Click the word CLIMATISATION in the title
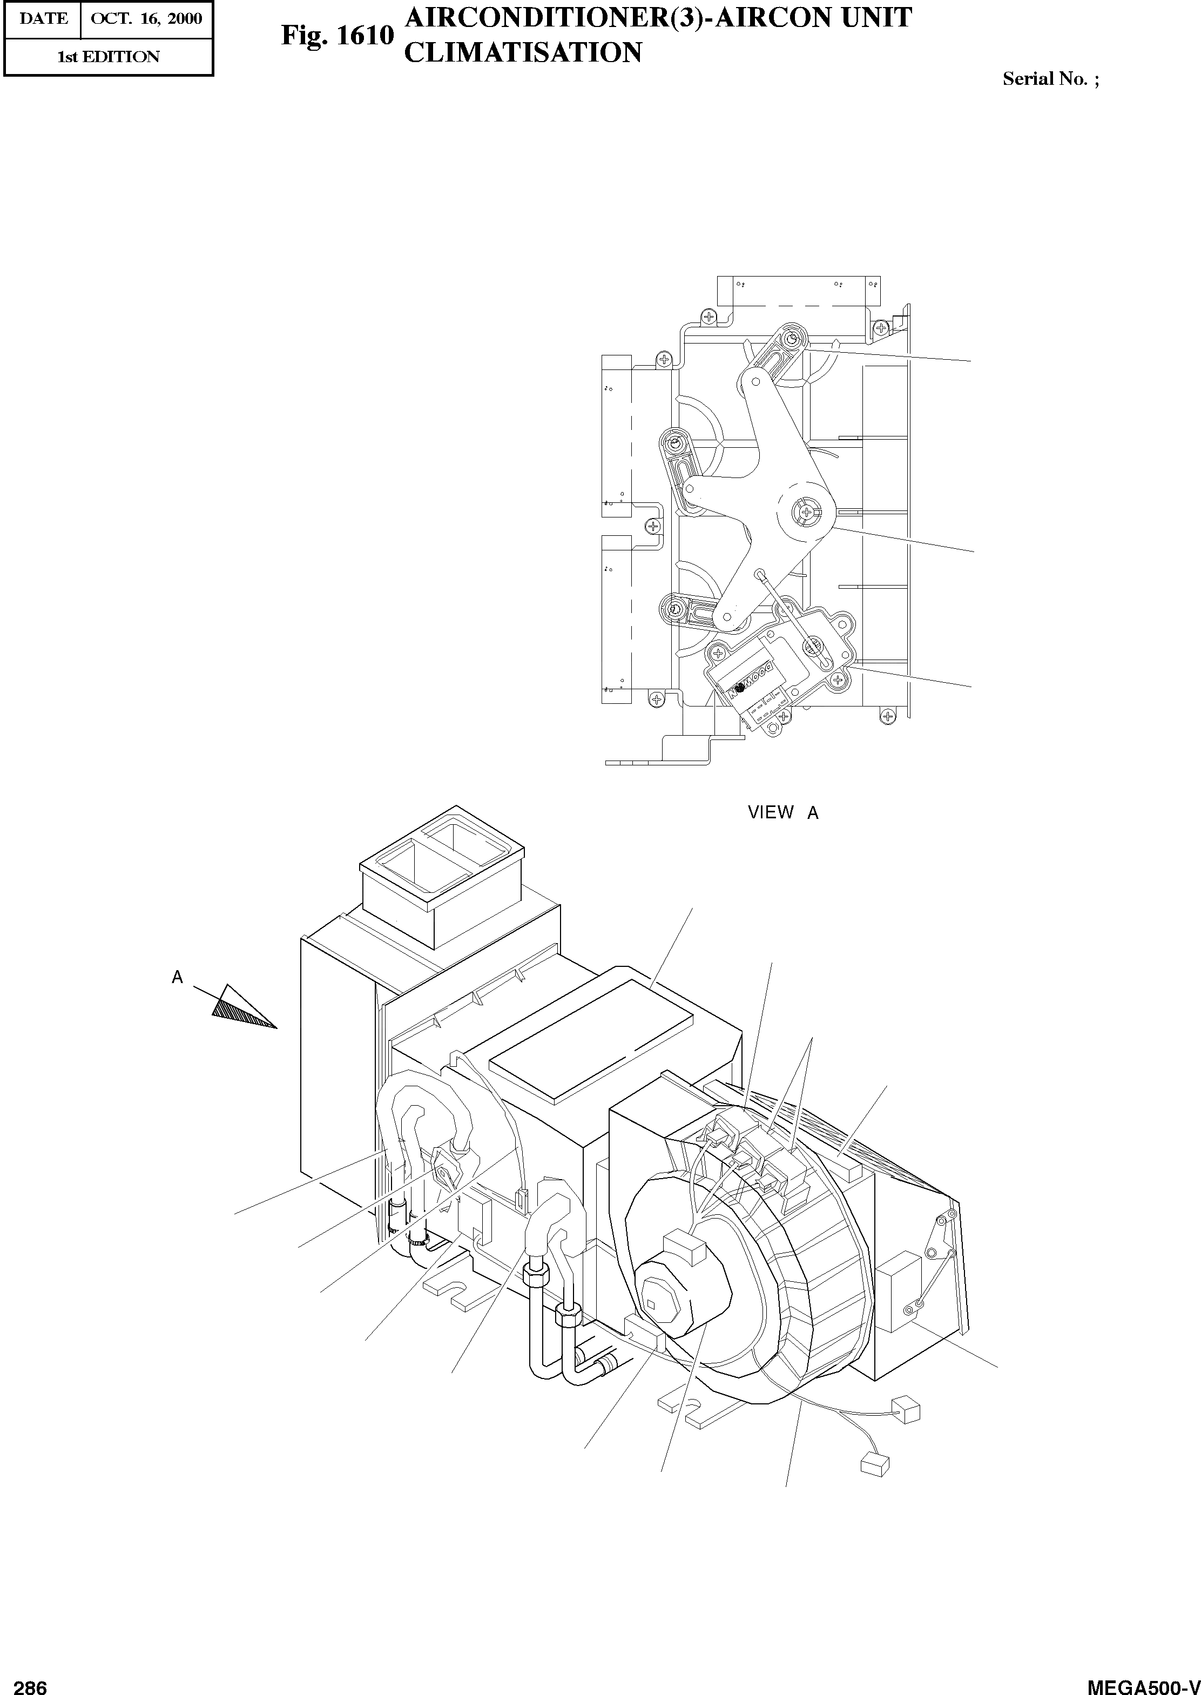[523, 52]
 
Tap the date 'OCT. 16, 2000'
[146, 18]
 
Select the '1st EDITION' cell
[109, 57]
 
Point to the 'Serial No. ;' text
[1050, 79]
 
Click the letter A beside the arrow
[178, 977]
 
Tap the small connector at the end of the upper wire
[907, 1410]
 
